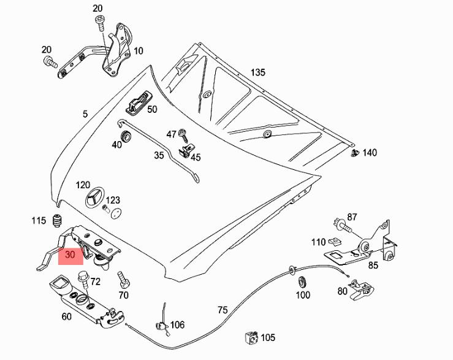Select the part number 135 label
257,72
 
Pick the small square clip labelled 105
251,337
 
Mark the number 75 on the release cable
223,310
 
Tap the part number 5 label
85,114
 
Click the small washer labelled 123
114,214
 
